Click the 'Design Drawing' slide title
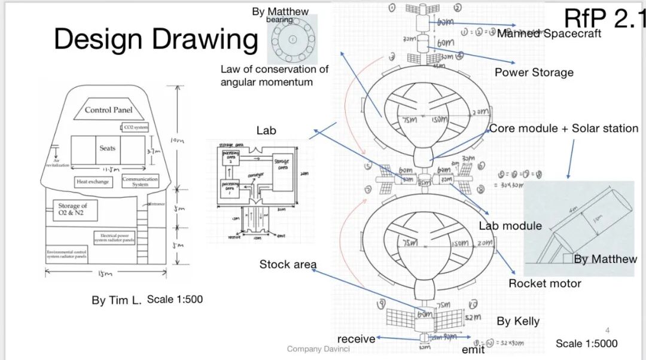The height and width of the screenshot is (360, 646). point(156,39)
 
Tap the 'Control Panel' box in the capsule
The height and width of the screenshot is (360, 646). point(108,110)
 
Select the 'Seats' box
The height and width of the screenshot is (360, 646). point(108,148)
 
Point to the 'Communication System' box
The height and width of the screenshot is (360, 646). point(140,181)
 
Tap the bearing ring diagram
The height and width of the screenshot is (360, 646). point(292,39)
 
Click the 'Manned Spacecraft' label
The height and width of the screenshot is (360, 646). point(549,33)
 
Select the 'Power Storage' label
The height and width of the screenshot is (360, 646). point(534,72)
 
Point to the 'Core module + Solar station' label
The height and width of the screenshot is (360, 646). point(563,129)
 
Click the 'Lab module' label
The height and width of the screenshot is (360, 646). point(510,226)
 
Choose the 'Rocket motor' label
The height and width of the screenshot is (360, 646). point(544,283)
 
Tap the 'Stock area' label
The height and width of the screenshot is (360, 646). point(288,264)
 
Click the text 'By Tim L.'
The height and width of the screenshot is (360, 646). point(116,300)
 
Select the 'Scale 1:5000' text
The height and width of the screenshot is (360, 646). point(586,343)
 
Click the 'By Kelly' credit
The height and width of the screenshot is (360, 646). point(518,322)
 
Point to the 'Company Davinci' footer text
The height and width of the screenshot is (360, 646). point(318,349)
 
